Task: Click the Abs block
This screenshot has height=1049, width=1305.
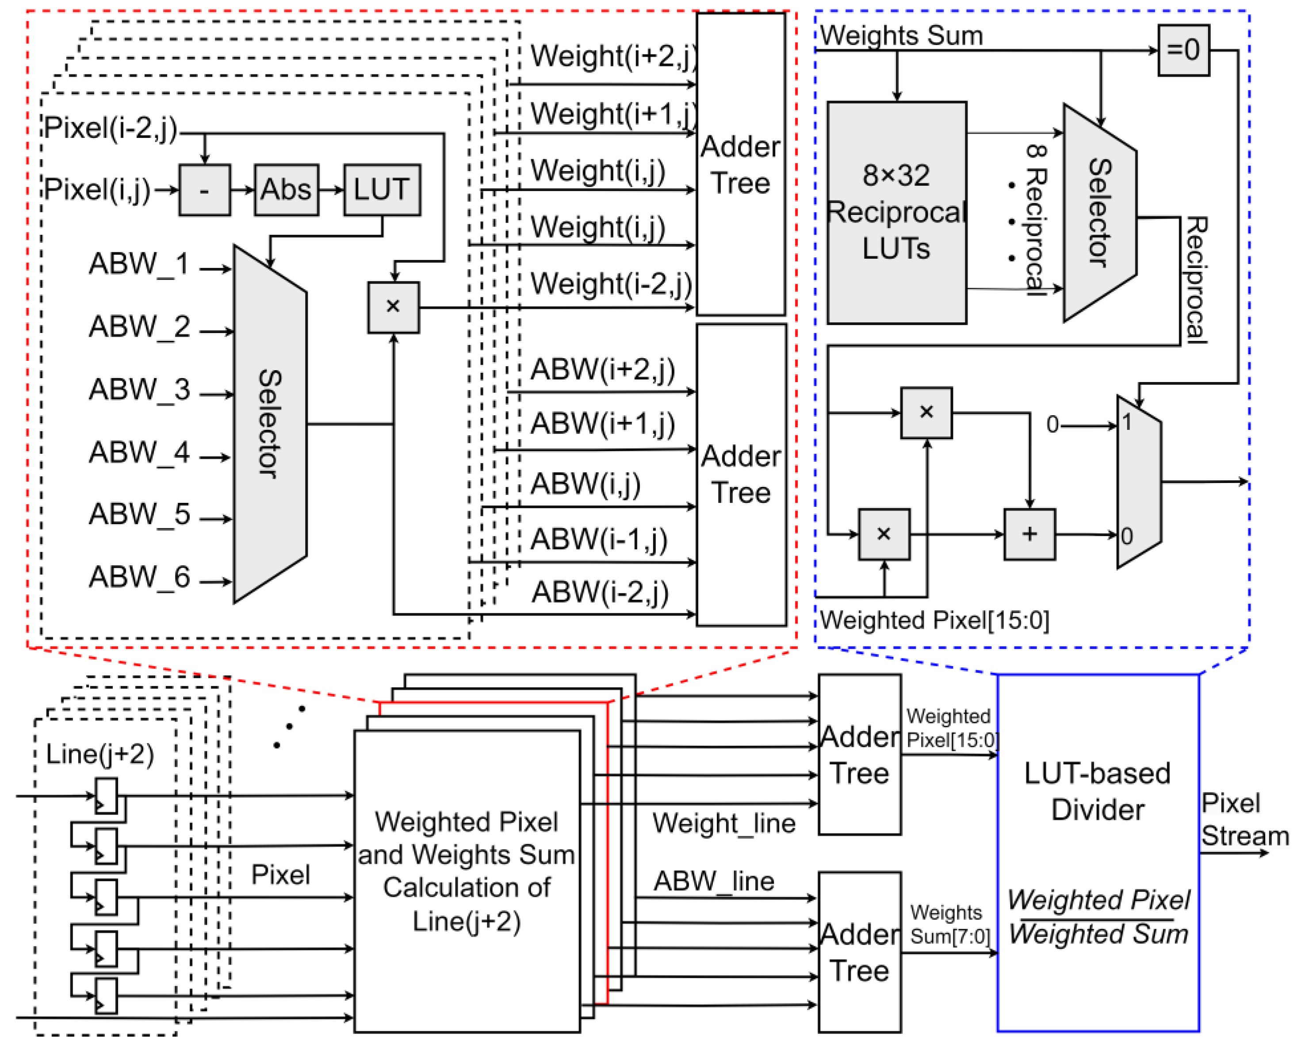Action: (286, 189)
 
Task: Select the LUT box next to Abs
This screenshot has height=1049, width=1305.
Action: (382, 189)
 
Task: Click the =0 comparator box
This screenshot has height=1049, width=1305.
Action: (1183, 50)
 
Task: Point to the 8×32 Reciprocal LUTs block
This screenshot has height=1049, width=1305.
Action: (896, 212)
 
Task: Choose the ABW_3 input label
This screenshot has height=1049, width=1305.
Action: (139, 389)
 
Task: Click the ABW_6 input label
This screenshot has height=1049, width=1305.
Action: (139, 577)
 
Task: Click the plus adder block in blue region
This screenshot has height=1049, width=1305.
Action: (1029, 534)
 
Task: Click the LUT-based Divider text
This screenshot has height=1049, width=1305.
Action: (1098, 791)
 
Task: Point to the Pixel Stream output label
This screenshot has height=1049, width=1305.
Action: (1244, 819)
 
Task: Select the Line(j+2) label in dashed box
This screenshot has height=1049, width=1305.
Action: (100, 754)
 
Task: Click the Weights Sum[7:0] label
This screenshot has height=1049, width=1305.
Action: (949, 924)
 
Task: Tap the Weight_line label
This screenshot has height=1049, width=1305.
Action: (723, 823)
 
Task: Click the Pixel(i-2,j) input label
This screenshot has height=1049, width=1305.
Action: (110, 128)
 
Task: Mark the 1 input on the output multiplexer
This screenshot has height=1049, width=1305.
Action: (1126, 422)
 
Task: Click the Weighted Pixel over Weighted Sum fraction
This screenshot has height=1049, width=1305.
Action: (1098, 916)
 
